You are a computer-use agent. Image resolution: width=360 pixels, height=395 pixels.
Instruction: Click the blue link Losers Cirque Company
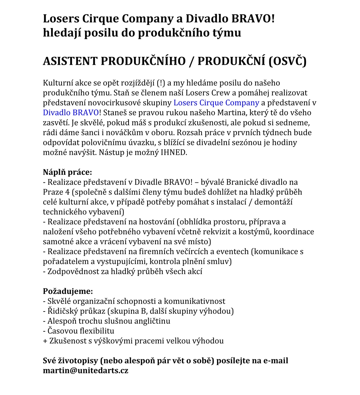pos(216,103)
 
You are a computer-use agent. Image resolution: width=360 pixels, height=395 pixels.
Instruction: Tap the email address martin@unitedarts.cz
pos(86,370)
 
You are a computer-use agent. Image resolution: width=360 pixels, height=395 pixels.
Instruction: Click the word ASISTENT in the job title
pos(70,61)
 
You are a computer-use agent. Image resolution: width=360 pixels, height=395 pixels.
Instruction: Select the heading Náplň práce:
pos(67,172)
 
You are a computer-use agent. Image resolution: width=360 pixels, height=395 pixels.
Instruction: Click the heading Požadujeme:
pos(68,291)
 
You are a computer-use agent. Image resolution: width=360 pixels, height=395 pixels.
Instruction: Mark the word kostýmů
pos(256,231)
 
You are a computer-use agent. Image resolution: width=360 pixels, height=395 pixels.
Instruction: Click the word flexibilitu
pos(94,331)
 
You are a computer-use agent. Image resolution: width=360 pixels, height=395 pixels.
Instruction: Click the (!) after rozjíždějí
pos(161,83)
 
